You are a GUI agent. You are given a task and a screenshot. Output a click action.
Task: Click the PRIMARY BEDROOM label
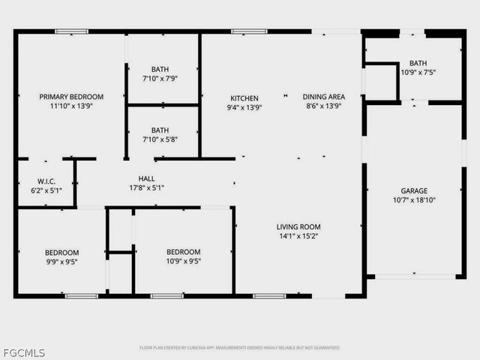pos(71,97)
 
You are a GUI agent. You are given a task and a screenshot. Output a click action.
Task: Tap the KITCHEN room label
pos(244,98)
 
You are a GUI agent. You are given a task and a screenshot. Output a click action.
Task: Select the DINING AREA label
pos(323,97)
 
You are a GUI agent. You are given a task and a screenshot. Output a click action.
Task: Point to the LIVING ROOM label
pos(298,226)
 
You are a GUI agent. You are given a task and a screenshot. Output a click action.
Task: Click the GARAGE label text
pos(414,191)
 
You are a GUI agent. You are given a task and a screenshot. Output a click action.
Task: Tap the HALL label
pos(146,178)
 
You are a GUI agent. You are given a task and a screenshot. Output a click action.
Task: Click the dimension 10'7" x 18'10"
pos(414,200)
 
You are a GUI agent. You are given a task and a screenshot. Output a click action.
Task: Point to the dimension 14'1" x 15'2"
pos(298,235)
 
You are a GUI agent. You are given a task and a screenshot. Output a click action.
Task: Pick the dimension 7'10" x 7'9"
pos(160,78)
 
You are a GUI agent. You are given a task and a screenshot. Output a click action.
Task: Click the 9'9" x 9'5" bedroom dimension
pos(61,262)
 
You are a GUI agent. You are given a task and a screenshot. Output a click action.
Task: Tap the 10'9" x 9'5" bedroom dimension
pos(183,261)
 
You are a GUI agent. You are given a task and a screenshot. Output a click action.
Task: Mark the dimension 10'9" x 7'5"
pos(418,73)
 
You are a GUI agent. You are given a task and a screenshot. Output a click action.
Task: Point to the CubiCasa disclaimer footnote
pos(240,348)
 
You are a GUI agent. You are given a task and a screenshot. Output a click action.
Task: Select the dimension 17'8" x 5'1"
pos(146,187)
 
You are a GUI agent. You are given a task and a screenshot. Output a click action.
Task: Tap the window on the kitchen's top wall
pos(249,31)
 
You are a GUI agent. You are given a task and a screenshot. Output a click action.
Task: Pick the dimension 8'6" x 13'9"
pos(323,106)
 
